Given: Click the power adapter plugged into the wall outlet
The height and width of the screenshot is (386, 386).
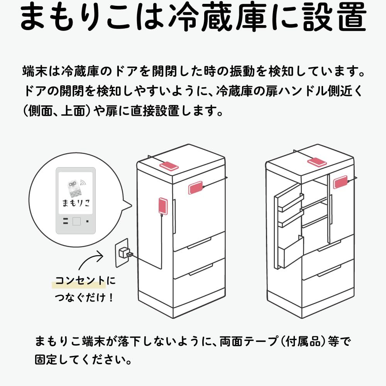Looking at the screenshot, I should pos(125,253).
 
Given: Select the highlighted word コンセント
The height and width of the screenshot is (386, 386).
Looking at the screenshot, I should pos(80,281).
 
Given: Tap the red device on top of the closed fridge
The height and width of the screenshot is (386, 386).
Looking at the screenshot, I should pos(169,166).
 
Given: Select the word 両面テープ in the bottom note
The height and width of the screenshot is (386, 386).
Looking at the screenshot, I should pos(249,342).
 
